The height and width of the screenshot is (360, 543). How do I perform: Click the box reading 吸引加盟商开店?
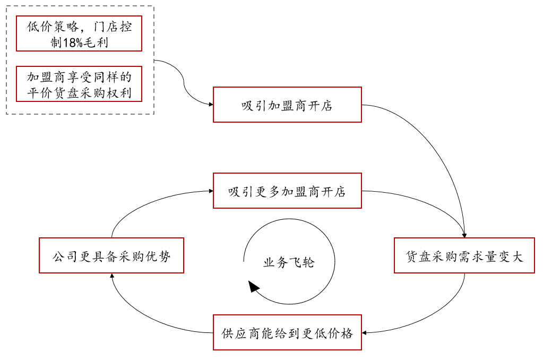(x=287, y=105)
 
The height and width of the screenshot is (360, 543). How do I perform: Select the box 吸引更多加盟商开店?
(x=287, y=191)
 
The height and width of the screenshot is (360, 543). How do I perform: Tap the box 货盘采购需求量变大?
(x=464, y=255)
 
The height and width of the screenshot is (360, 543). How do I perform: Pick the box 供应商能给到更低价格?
(x=287, y=332)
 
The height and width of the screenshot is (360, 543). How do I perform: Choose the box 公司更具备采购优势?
(x=111, y=255)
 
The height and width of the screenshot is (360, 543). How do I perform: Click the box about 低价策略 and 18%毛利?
(x=79, y=33)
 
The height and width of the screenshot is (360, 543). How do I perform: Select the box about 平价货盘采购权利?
(x=79, y=84)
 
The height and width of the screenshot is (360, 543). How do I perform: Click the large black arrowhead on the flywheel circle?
(x=254, y=287)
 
